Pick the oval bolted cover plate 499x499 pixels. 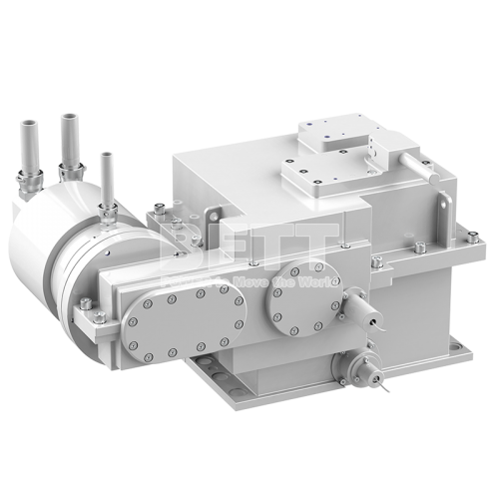click(186, 318)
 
